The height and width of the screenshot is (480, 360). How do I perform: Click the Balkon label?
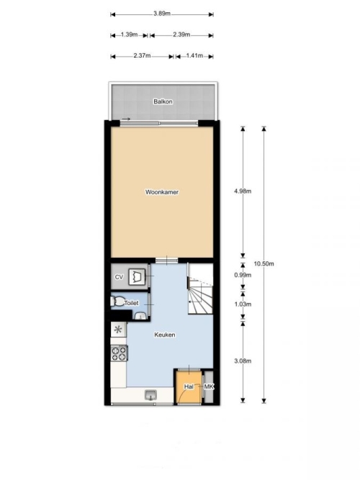point(163,101)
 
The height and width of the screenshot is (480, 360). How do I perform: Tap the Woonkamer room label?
point(162,192)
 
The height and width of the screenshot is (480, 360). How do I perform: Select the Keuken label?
point(165,335)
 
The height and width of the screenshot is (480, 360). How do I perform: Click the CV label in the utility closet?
point(119,277)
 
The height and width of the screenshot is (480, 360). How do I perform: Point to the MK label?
point(209,386)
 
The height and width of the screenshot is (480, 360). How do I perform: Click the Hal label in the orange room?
point(189,386)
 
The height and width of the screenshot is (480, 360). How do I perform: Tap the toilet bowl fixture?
point(116,302)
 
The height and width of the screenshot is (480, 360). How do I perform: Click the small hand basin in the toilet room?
point(140,316)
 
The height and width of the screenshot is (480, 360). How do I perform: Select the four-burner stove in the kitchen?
point(120,353)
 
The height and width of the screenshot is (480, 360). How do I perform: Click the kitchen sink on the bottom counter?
point(150,395)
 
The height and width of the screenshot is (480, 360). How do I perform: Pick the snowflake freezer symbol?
point(118,330)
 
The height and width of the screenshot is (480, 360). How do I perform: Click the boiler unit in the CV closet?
point(136,277)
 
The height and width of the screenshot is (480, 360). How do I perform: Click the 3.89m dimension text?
point(162,14)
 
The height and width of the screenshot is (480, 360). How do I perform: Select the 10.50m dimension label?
point(264,263)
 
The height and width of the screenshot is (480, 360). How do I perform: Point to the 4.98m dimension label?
point(243,191)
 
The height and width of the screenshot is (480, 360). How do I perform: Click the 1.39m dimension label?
point(129,35)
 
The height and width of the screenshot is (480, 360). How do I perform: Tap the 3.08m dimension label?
point(243,361)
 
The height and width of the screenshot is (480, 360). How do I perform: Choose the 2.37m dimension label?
point(142,55)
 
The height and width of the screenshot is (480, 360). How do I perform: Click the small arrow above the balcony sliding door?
point(126,119)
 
